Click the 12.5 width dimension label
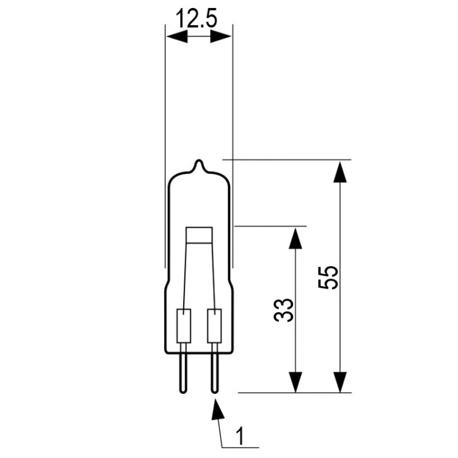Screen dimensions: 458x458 pos(197,18)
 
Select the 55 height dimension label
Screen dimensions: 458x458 pos(329,278)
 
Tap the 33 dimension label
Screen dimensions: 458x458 pos(283,310)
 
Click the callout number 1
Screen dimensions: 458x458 pos(240,436)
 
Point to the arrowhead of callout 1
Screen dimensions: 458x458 pos(217,409)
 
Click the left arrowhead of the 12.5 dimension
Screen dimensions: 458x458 pos(176,37)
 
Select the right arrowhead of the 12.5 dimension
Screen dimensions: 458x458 pos(221,37)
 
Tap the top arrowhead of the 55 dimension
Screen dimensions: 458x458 pos(340,172)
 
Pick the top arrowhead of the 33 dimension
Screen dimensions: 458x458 pos(296,238)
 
